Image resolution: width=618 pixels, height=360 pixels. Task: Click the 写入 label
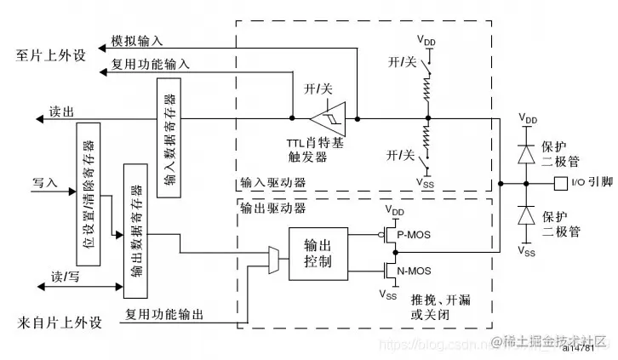[x=44, y=182]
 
